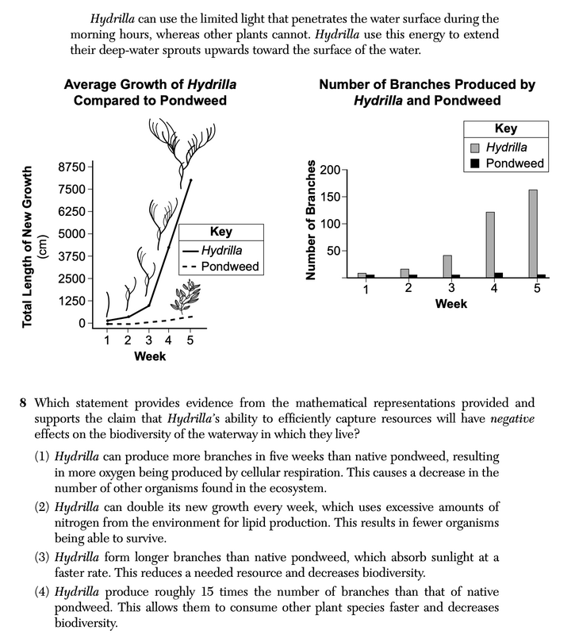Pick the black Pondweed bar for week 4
[498, 275]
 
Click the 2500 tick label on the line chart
[69, 279]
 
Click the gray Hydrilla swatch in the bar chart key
[474, 148]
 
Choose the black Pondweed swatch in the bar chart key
[474, 163]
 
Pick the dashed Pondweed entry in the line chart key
[221, 267]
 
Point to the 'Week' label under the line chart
[149, 356]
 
